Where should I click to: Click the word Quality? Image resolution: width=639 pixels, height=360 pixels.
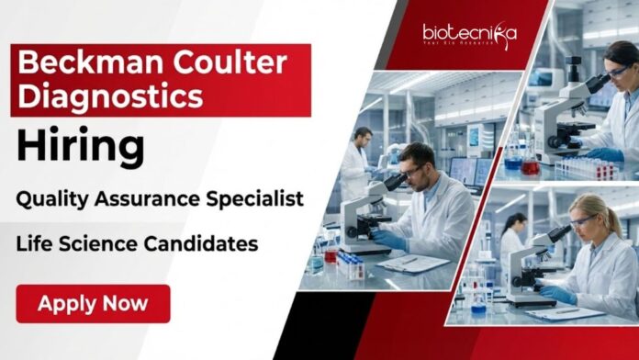pos(62,198)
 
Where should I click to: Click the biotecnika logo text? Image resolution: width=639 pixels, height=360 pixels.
pos(468,34)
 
